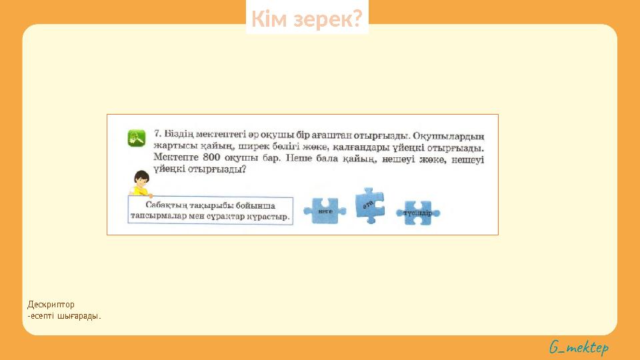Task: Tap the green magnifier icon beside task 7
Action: pyautogui.click(x=137, y=138)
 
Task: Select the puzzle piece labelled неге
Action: pyautogui.click(x=325, y=210)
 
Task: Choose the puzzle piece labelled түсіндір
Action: pyautogui.click(x=417, y=213)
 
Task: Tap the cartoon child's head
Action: pyautogui.click(x=141, y=179)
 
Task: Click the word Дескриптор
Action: pyautogui.click(x=51, y=305)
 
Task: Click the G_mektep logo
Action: pyautogui.click(x=579, y=347)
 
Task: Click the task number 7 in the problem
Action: pyautogui.click(x=158, y=134)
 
